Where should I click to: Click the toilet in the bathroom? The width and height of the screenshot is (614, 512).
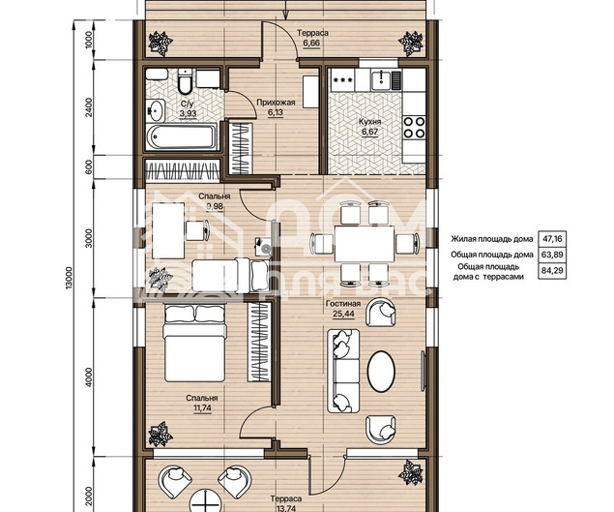tap(185, 81)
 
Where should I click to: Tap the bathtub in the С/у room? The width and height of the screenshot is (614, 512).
tap(182, 136)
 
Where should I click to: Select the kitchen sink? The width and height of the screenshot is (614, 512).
tap(380, 80)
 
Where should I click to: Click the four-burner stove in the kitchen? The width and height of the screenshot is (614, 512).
tap(414, 127)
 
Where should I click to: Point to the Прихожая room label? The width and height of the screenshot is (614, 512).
tap(276, 103)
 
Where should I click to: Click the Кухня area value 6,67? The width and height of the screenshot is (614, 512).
tap(369, 132)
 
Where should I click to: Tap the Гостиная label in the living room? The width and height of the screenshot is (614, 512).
tap(343, 304)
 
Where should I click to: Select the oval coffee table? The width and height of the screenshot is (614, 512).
tap(381, 371)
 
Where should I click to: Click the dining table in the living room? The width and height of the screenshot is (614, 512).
tap(365, 244)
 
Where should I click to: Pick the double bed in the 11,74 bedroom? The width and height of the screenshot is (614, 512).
tap(194, 344)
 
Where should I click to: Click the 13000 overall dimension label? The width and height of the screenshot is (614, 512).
tap(70, 279)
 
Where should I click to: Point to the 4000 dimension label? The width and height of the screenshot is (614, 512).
tap(89, 377)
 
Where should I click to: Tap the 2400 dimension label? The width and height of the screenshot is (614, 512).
tap(89, 107)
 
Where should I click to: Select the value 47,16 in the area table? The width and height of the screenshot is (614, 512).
tap(552, 238)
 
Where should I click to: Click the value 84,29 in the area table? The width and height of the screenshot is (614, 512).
tap(552, 270)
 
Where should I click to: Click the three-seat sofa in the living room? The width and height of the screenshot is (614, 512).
tap(343, 371)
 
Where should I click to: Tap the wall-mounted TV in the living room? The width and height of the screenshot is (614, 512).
tap(423, 371)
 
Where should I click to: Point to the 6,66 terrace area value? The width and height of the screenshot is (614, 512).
tap(311, 44)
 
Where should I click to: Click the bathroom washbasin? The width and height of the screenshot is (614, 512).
tap(156, 110)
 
